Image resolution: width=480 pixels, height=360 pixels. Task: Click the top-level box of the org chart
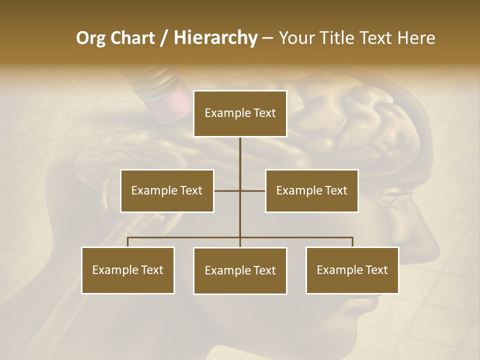click(x=240, y=113)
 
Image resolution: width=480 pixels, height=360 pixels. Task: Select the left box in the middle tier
click(x=167, y=190)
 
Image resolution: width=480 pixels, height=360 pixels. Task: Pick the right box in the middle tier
click(x=311, y=190)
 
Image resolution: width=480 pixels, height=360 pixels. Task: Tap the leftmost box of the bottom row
click(x=128, y=270)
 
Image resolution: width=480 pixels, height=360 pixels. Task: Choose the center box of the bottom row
click(x=240, y=270)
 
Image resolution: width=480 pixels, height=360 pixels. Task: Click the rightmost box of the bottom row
click(x=352, y=270)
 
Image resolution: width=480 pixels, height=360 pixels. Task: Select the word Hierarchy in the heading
click(x=215, y=38)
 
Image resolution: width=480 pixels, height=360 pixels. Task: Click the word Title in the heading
click(x=337, y=38)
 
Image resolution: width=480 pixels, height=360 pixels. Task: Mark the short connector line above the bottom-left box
click(x=128, y=242)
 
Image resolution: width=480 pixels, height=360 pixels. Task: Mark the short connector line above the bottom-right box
click(x=352, y=242)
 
